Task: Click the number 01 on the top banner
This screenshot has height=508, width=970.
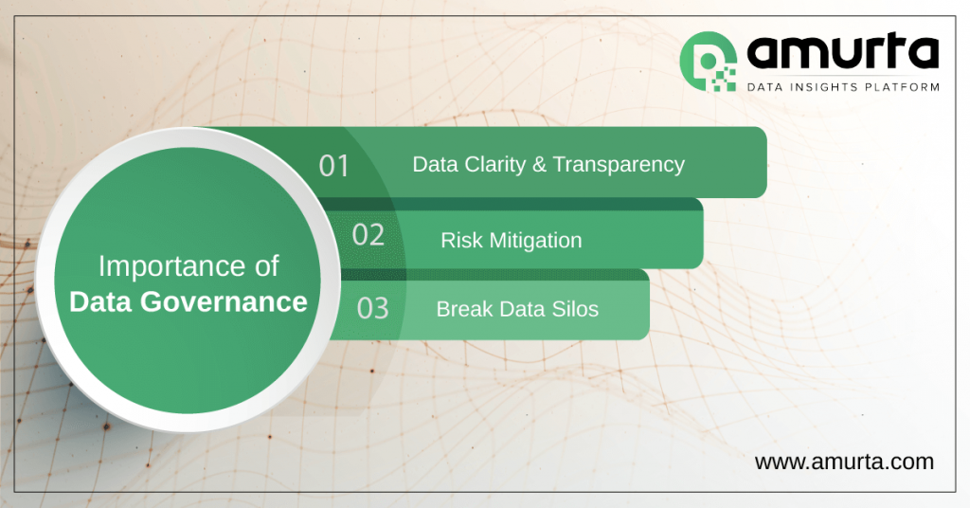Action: pyautogui.click(x=334, y=166)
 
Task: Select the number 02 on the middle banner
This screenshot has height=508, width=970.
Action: pyautogui.click(x=368, y=235)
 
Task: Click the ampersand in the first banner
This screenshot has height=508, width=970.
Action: pyautogui.click(x=539, y=164)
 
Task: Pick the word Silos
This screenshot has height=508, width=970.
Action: pyautogui.click(x=575, y=309)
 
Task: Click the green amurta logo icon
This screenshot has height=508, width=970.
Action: pyautogui.click(x=708, y=63)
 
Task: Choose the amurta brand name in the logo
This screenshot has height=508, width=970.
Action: pyautogui.click(x=841, y=52)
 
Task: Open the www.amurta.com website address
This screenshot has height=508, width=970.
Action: pyautogui.click(x=844, y=462)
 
